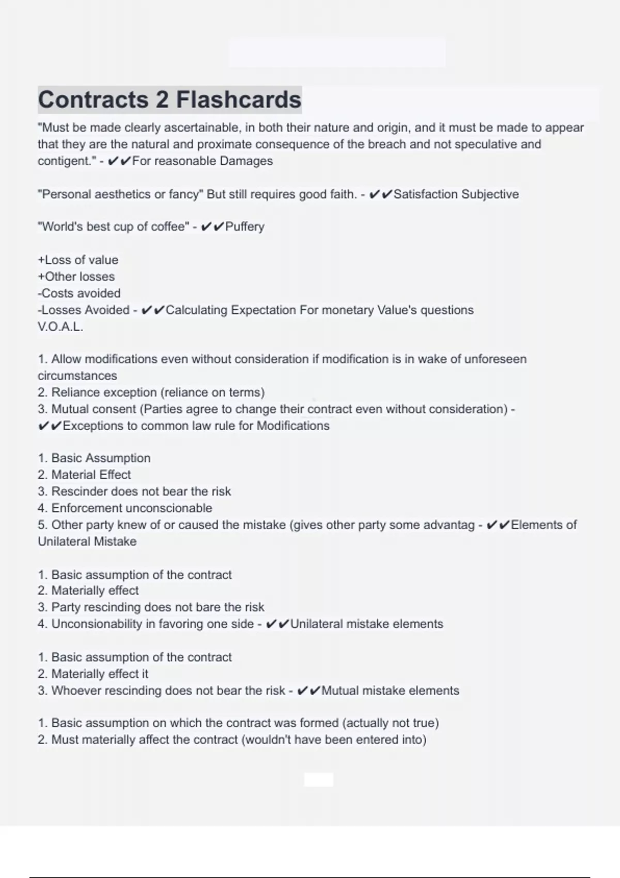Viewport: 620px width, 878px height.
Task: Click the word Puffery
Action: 245,227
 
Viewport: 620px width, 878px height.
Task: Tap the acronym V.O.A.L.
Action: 60,327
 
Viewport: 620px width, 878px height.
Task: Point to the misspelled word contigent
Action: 67,161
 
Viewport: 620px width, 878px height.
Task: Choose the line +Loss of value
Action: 78,260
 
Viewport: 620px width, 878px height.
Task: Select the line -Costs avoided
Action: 79,293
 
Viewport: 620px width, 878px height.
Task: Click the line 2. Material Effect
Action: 84,475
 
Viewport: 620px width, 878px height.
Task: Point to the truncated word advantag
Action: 448,525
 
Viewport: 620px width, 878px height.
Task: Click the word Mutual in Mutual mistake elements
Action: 339,691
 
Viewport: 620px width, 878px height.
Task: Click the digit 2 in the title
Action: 162,100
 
